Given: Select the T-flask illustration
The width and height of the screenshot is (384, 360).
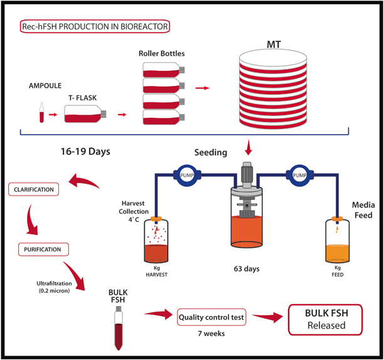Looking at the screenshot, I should [x=87, y=115].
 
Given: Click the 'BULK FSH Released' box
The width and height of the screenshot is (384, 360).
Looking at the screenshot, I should [x=326, y=320].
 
